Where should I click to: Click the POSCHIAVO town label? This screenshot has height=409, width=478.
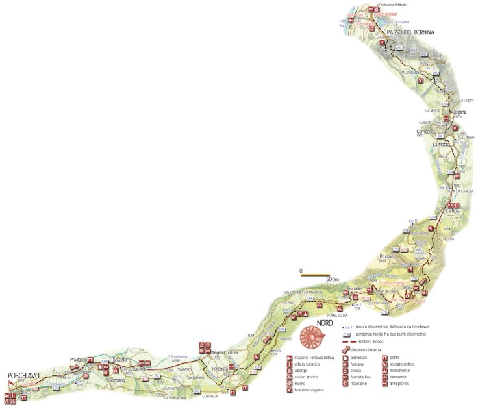pos(25,376)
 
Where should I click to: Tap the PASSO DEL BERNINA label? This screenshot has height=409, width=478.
pos(410,32)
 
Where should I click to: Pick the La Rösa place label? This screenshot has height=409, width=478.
pos(453,212)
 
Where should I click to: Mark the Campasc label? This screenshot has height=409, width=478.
pos(424,132)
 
